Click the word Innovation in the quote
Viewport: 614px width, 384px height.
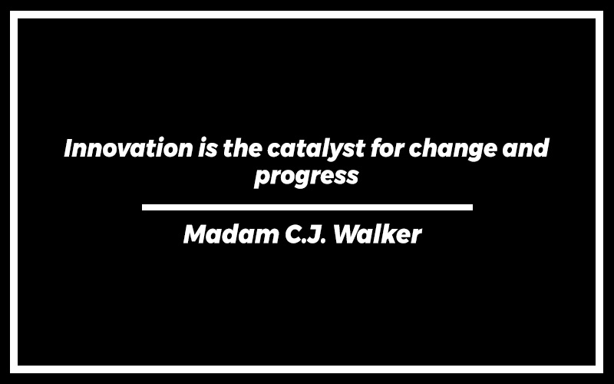tap(128, 148)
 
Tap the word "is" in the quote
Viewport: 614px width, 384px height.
tap(207, 148)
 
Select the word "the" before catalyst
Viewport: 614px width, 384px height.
tap(243, 147)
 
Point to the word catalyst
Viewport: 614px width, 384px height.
tap(316, 150)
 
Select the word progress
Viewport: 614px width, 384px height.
tap(306, 177)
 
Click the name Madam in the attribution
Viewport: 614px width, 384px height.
tap(231, 234)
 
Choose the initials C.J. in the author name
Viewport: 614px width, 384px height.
tap(305, 234)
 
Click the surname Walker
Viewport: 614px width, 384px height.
tap(377, 234)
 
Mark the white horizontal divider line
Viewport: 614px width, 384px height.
tap(308, 207)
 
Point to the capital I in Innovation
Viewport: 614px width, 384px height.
tap(69, 148)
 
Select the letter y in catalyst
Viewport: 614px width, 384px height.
tap(335, 152)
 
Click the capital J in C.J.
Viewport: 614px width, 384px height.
tap(312, 234)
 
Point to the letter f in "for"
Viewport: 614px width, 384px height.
tap(377, 147)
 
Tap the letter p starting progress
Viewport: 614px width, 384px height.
tap(262, 180)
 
